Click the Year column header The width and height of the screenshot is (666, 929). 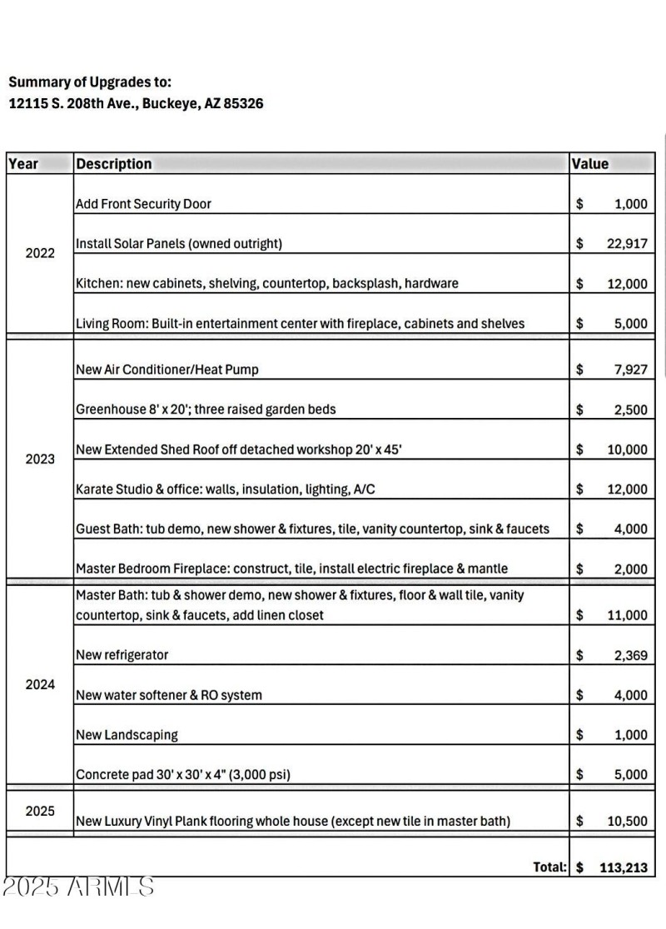point(23,164)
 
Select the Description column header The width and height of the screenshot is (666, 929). point(114,164)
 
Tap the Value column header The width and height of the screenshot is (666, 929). point(590,164)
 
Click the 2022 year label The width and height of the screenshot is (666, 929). point(40,253)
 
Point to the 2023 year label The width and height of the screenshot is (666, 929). point(40,459)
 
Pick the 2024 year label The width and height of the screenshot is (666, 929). point(40,684)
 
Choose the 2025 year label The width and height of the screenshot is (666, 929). point(40,811)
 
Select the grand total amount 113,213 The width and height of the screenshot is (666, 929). point(624,867)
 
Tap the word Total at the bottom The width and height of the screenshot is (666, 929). point(549,867)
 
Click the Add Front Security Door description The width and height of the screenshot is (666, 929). point(144,204)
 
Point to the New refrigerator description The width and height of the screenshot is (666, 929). point(122,655)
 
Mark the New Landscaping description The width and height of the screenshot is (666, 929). point(127,735)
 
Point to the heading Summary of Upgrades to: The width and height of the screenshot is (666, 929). point(90,82)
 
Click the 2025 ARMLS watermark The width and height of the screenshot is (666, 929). point(78,887)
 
